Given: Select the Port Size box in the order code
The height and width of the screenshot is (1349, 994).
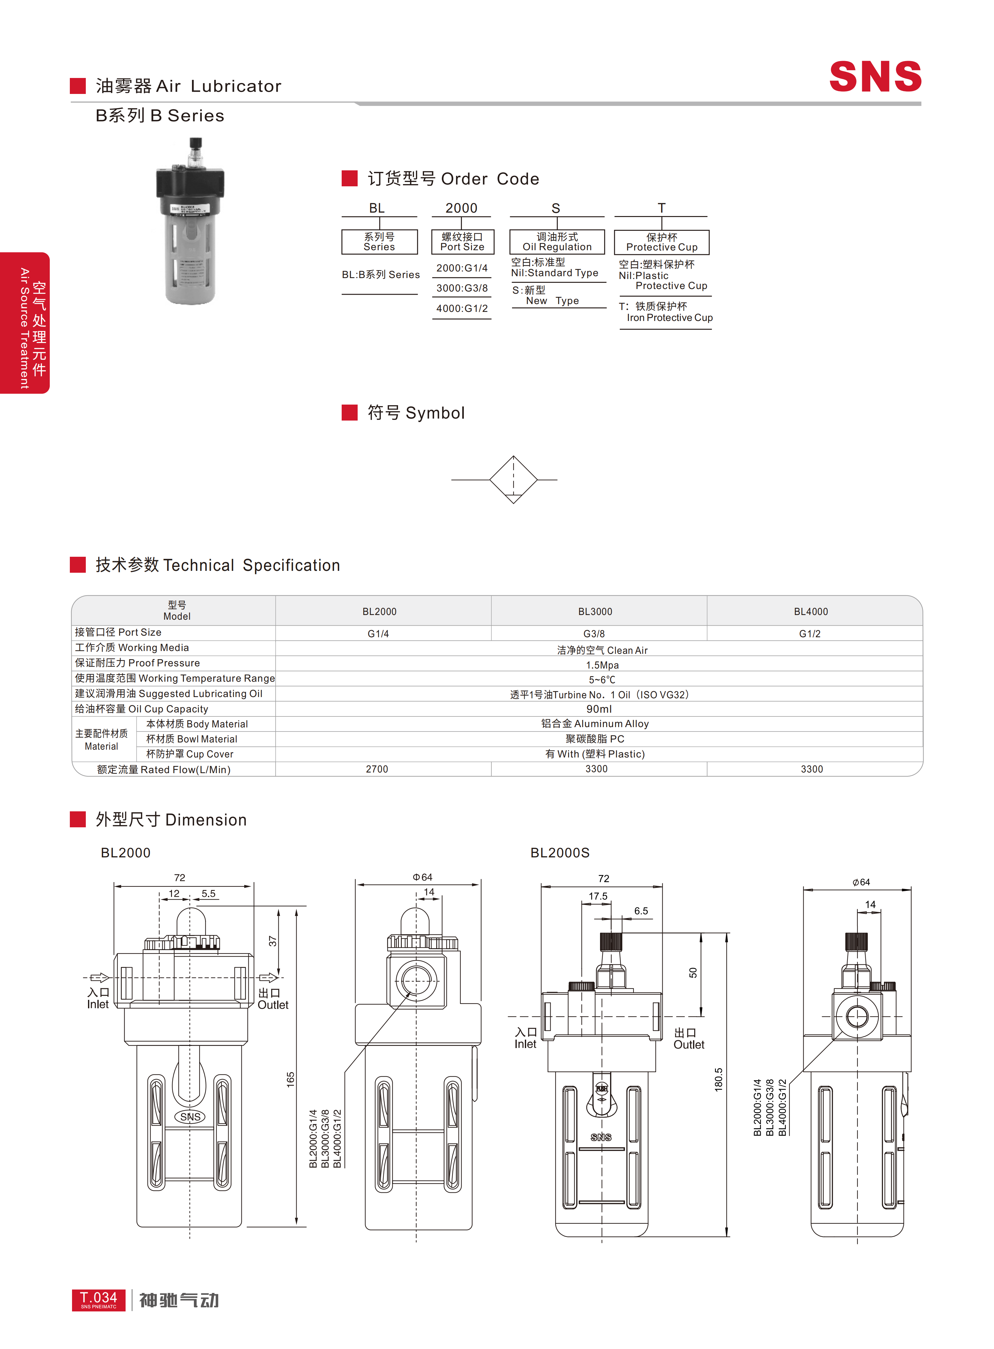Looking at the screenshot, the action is click(462, 242).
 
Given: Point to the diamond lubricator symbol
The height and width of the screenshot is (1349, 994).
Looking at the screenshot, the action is click(513, 479).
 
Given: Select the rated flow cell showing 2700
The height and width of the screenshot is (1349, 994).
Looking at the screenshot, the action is click(377, 769).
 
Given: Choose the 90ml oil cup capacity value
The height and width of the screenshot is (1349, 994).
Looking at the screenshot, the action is click(599, 709).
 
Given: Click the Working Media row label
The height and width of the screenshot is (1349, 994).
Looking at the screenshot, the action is click(132, 648).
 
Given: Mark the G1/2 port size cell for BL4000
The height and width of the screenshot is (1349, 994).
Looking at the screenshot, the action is click(810, 633).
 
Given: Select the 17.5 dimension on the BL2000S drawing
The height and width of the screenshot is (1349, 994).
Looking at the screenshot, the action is click(598, 896).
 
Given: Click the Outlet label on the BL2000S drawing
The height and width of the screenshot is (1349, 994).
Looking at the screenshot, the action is click(688, 1039).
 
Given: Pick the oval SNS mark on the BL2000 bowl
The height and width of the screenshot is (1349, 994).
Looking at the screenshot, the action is click(190, 1117).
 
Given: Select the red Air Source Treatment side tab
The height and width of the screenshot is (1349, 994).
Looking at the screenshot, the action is click(25, 323).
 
